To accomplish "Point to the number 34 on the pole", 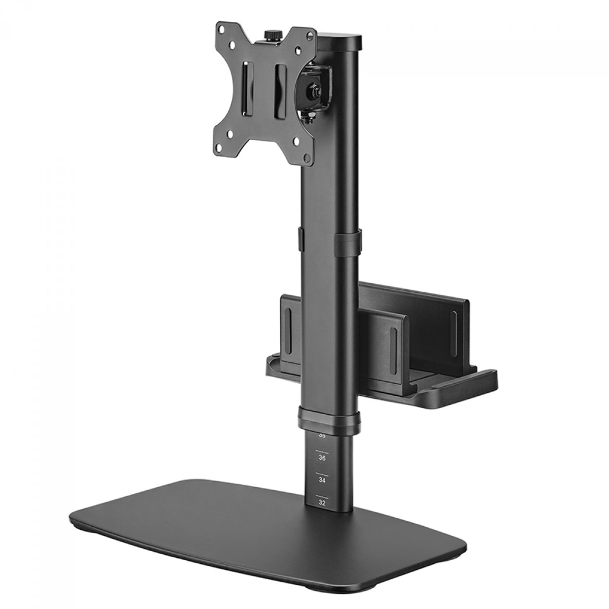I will click(x=321, y=479).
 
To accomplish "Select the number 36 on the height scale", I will click(x=321, y=457).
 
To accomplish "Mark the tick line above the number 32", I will click(x=321, y=495).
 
